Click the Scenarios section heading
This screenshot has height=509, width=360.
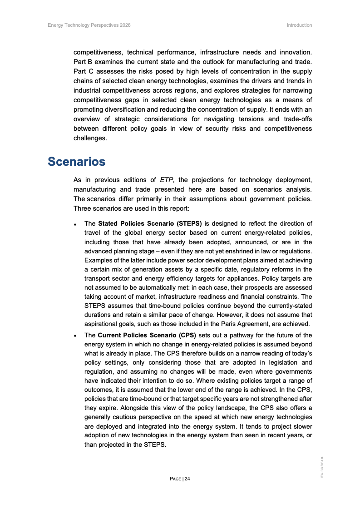pyautogui.click(x=77, y=162)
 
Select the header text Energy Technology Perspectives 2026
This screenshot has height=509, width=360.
pyautogui.click(x=89, y=25)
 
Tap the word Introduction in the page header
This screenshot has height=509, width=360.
pyautogui.click(x=299, y=25)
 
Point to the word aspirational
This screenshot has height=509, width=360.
pyautogui.click(x=102, y=324)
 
